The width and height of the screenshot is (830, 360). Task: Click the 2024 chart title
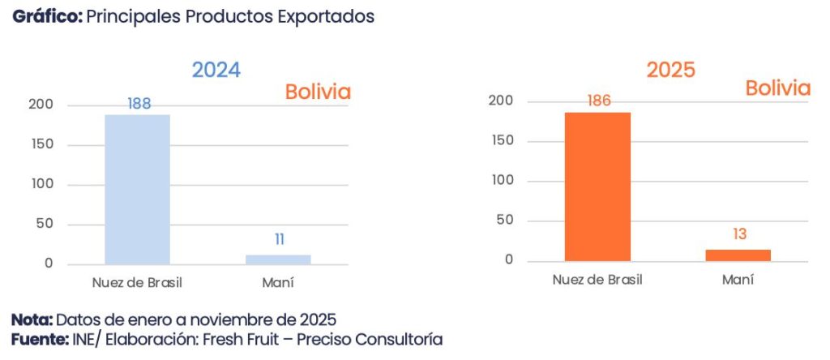point(216,70)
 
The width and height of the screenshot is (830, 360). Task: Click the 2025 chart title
point(670,70)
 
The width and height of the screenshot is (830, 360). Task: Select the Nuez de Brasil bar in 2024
point(137,189)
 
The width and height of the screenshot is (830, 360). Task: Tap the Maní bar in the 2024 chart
point(278,259)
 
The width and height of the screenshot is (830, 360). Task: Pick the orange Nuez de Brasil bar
point(597,186)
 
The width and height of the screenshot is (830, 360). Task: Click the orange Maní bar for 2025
point(738,255)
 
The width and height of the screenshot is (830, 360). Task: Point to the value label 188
point(139,104)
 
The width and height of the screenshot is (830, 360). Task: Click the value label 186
point(599,101)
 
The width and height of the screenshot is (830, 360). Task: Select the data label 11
point(279,239)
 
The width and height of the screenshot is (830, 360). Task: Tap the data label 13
point(738,234)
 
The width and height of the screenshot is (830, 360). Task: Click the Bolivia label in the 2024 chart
point(318,92)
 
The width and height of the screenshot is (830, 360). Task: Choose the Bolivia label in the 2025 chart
point(778,88)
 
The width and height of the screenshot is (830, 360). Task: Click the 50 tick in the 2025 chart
point(504,221)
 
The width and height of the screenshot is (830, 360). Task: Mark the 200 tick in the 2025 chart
point(501,101)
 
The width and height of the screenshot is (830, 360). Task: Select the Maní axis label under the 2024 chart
point(278,283)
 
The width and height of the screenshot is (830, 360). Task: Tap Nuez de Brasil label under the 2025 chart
point(597,280)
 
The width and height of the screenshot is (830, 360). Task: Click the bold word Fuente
point(38,338)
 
